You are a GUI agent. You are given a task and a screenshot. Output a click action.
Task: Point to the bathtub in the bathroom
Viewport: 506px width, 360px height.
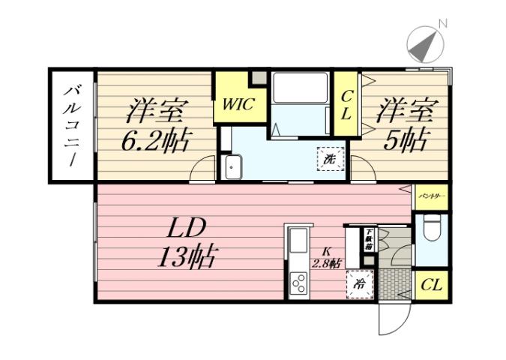[x=301, y=88]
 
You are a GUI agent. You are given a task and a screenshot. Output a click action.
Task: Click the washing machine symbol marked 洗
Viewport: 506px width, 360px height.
[x=330, y=159]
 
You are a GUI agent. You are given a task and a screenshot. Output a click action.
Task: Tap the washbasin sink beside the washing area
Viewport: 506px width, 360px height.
[x=232, y=166]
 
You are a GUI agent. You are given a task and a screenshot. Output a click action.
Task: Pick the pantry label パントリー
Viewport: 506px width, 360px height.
[x=432, y=196]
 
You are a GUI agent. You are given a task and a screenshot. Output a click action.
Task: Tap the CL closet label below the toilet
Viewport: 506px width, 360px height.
[x=431, y=285]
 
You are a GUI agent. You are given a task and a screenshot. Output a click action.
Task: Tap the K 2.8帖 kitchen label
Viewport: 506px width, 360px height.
[x=328, y=257]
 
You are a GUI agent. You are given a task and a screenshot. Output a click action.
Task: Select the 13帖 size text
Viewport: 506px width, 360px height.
[x=186, y=257]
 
